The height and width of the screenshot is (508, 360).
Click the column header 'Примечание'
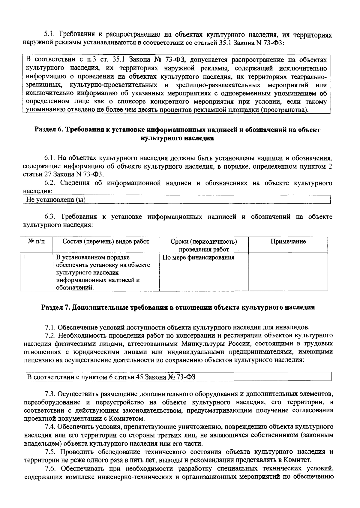tap(288, 242)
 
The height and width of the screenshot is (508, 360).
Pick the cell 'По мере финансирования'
tap(198, 257)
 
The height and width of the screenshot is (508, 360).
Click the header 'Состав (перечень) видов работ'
tap(106, 242)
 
